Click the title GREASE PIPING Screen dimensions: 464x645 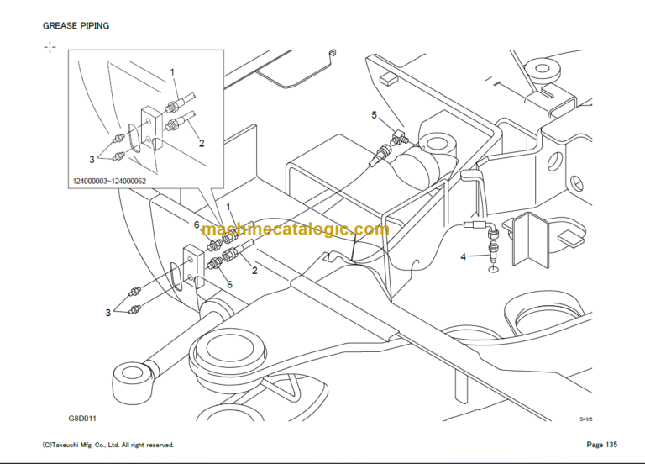(x=76, y=25)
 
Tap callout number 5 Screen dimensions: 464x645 (x=375, y=113)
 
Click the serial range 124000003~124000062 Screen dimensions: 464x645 (x=109, y=180)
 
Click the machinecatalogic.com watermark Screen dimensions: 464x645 (x=296, y=229)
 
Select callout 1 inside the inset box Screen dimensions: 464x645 (x=174, y=72)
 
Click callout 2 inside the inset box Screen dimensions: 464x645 (x=202, y=143)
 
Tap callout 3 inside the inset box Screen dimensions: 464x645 (x=92, y=157)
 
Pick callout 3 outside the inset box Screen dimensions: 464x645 (x=108, y=313)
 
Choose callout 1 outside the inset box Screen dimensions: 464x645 (x=227, y=207)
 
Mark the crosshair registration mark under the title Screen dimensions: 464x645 (x=50, y=47)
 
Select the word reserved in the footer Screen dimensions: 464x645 (x=158, y=444)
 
